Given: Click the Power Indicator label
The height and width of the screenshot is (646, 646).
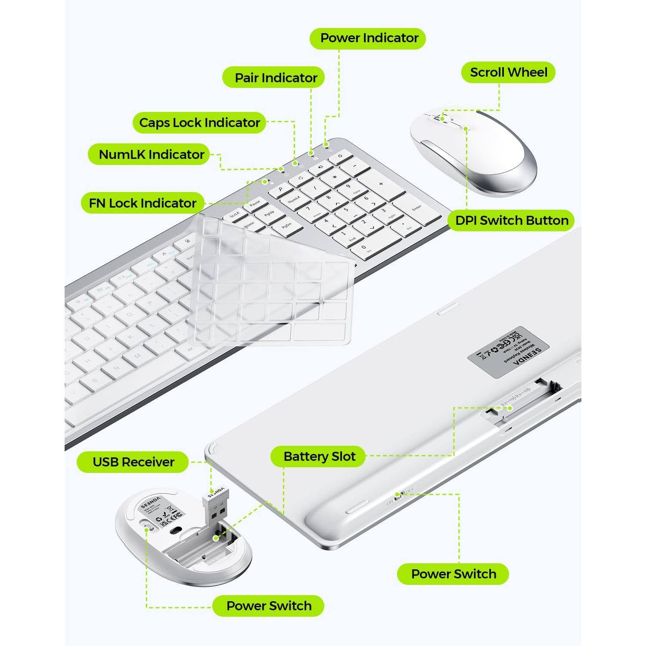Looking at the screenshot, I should click(368, 38).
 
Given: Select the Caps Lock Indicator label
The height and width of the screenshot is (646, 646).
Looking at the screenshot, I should click(199, 123).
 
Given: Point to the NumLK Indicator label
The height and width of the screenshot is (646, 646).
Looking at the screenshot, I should click(151, 155).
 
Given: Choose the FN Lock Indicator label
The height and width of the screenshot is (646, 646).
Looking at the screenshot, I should click(143, 203).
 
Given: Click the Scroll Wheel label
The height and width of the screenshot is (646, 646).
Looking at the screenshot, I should click(508, 72).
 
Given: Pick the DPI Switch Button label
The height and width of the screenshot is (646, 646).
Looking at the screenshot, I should click(512, 221).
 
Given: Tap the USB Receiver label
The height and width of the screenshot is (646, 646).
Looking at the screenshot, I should click(133, 462).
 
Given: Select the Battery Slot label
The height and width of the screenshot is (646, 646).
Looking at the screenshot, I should click(319, 457).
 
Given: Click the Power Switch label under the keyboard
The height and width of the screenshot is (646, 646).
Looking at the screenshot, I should click(453, 574).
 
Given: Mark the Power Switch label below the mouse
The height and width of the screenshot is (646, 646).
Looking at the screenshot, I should click(268, 606).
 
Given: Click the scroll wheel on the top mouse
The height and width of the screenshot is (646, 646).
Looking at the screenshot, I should click(441, 118).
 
